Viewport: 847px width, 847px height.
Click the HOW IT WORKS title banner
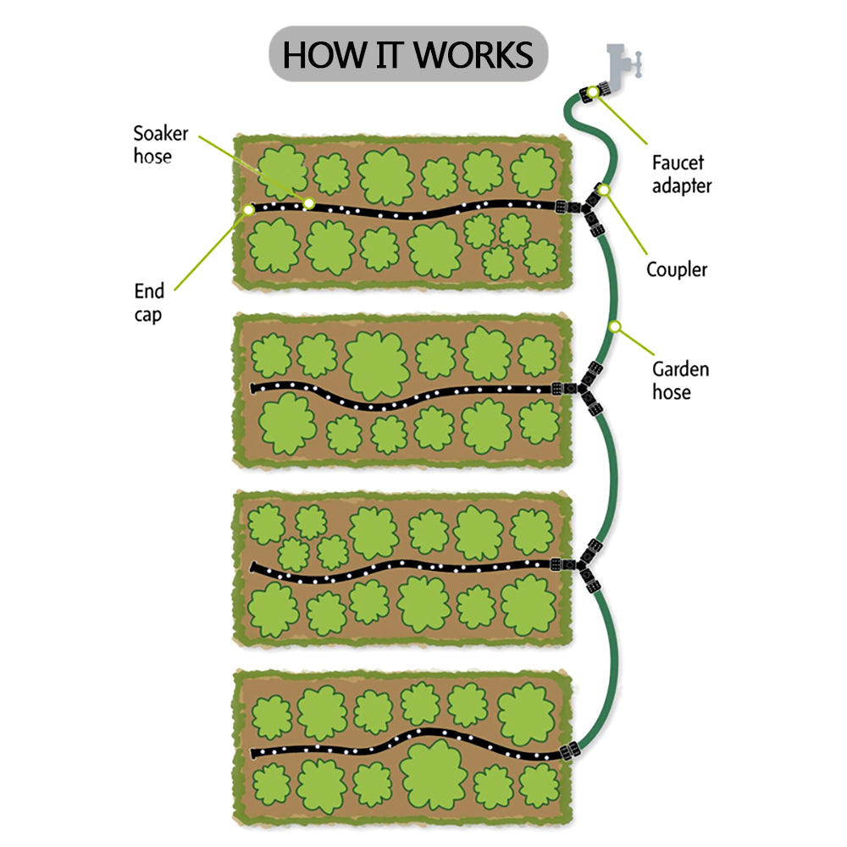click(x=408, y=55)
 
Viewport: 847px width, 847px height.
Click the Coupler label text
click(x=676, y=270)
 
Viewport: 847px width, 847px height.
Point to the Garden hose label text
click(x=680, y=380)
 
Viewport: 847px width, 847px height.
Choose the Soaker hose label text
click(x=160, y=145)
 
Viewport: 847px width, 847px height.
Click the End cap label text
click(x=149, y=302)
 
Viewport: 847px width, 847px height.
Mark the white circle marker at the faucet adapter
click(x=594, y=91)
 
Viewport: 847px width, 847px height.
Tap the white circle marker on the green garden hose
click(x=616, y=326)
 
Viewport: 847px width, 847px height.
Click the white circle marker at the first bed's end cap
click(x=248, y=208)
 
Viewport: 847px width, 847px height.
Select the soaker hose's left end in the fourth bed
click(x=255, y=753)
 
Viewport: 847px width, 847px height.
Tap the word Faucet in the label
click(x=678, y=163)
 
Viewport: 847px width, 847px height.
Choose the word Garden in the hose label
click(x=680, y=369)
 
